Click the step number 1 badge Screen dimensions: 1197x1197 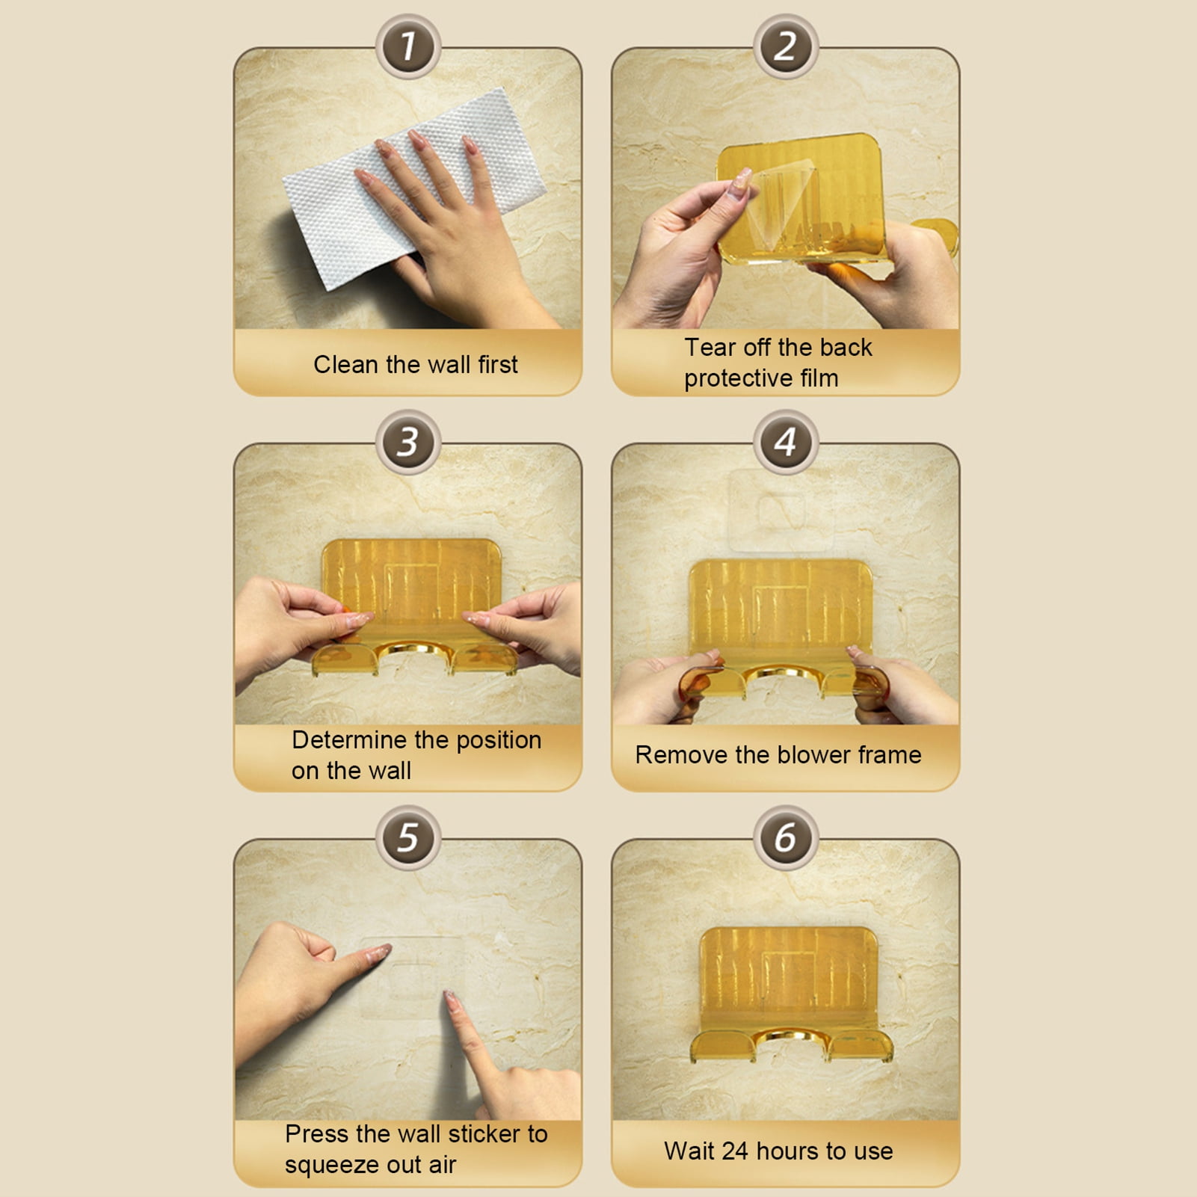pos(407,46)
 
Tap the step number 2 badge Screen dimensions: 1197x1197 pos(785,46)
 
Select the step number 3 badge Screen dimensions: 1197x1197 pos(407,442)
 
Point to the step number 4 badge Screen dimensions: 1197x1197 pos(785,442)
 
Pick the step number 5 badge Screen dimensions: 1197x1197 pos(407,837)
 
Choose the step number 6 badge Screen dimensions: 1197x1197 pos(785,837)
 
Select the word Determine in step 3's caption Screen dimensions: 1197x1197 pos(349,739)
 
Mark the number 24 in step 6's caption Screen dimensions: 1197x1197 pos(736,1151)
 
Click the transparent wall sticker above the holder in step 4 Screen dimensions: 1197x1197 pos(781,511)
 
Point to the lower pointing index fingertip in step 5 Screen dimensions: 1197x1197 pos(449,997)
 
